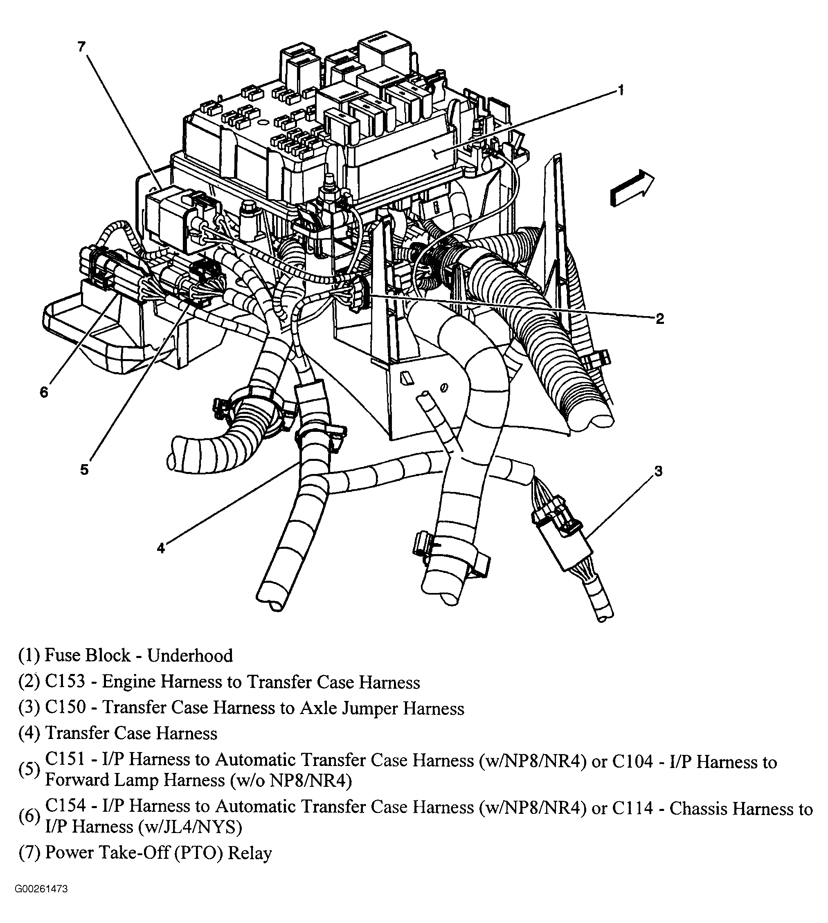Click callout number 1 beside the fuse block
click(621, 90)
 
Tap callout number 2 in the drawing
click(660, 318)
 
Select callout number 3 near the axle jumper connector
click(658, 471)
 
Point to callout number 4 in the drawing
click(161, 548)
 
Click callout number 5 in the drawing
click(84, 470)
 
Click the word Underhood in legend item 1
click(190, 655)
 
